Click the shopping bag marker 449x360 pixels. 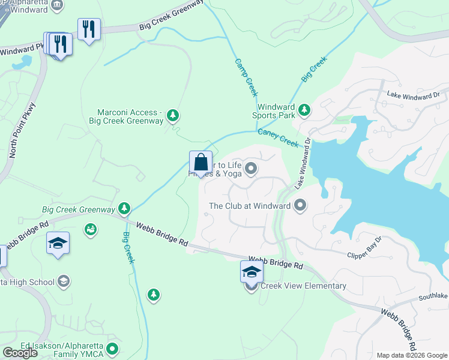point(200,163)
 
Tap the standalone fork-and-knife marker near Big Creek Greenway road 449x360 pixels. point(89,29)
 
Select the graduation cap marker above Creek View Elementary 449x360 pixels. point(252,272)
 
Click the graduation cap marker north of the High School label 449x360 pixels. point(58,243)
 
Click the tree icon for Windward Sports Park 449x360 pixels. point(304,109)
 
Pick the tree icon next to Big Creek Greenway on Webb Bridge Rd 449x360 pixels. point(124,208)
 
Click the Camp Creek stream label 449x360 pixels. point(246,77)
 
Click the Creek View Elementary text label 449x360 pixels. point(303,286)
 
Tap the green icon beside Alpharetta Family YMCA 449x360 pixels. point(112,348)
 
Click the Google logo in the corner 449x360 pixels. point(20,353)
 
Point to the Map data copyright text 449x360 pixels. point(412,355)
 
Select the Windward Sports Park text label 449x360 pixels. point(273,111)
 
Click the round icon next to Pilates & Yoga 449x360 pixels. point(251,169)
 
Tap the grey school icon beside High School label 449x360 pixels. point(63,281)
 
